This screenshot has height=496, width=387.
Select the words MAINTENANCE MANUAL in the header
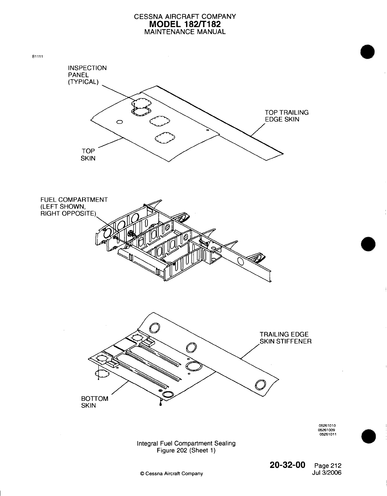coord(185,32)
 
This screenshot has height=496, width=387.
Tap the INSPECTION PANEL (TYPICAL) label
coord(87,75)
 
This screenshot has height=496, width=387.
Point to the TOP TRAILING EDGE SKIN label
coord(286,116)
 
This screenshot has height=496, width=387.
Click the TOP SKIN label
coord(88,155)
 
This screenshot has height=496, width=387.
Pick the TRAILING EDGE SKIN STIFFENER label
coord(285,338)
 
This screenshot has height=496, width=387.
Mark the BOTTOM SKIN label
coord(95,402)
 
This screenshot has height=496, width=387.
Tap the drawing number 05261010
coord(328,425)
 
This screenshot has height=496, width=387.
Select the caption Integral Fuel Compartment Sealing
coord(186,443)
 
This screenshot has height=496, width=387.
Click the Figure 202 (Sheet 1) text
coord(186,450)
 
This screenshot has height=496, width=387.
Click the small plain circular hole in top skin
coord(119,122)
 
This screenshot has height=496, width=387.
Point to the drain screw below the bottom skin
coord(161,403)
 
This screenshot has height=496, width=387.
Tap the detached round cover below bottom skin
coord(102,374)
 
